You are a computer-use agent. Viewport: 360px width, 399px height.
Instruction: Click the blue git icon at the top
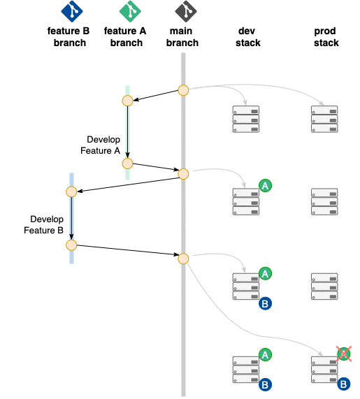pyautogui.click(x=72, y=11)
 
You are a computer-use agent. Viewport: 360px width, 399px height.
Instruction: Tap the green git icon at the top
pyautogui.click(x=130, y=11)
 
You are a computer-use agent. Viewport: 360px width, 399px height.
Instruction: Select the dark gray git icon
pyautogui.click(x=185, y=11)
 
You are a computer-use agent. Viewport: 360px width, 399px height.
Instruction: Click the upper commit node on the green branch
pyautogui.click(x=127, y=101)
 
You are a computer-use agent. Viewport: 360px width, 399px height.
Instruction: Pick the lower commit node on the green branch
pyautogui.click(x=127, y=164)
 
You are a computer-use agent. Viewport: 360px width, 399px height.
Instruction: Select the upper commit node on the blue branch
pyautogui.click(x=71, y=191)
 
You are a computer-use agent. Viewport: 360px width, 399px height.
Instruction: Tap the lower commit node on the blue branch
pyautogui.click(x=71, y=245)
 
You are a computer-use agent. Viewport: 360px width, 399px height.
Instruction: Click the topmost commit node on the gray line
pyautogui.click(x=183, y=90)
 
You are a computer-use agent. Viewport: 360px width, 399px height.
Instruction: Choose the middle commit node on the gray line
pyautogui.click(x=183, y=174)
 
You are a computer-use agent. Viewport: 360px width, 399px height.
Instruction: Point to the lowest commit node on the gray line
pyautogui.click(x=183, y=259)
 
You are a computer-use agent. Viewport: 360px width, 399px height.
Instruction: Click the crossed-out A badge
pyautogui.click(x=343, y=354)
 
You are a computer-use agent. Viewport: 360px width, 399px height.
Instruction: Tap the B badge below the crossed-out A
pyautogui.click(x=343, y=384)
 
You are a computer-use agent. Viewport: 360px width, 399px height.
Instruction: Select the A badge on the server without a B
pyautogui.click(x=265, y=185)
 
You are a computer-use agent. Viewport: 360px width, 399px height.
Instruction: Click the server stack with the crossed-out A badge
pyautogui.click(x=324, y=370)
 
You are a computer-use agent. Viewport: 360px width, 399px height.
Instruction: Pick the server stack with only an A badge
pyautogui.click(x=246, y=201)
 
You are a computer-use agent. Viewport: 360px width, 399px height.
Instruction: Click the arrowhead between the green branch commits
pyautogui.click(x=127, y=155)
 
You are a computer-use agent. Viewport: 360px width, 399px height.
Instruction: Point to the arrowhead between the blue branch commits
pyautogui.click(x=71, y=237)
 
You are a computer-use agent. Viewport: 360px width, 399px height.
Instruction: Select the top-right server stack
pyautogui.click(x=324, y=119)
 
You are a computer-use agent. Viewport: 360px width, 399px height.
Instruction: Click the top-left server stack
pyautogui.click(x=246, y=119)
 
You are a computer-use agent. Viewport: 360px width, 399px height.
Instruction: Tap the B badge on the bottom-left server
pyautogui.click(x=265, y=384)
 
